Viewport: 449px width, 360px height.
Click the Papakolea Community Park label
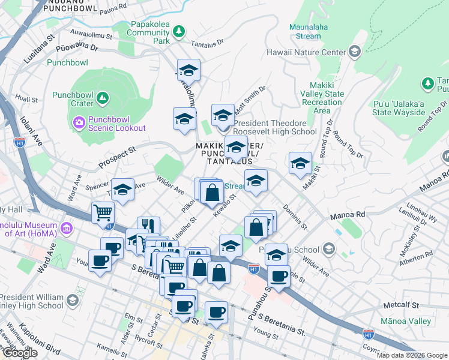point(149,33)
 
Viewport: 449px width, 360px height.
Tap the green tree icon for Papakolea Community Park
point(178,31)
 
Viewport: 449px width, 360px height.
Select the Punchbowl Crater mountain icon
point(103,97)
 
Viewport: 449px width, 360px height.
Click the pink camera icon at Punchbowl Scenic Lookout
point(79,123)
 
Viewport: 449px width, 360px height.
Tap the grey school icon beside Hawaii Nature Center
point(354,52)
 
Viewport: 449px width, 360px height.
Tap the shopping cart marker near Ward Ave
point(103,212)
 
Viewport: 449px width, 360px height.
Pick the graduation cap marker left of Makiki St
point(300,163)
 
